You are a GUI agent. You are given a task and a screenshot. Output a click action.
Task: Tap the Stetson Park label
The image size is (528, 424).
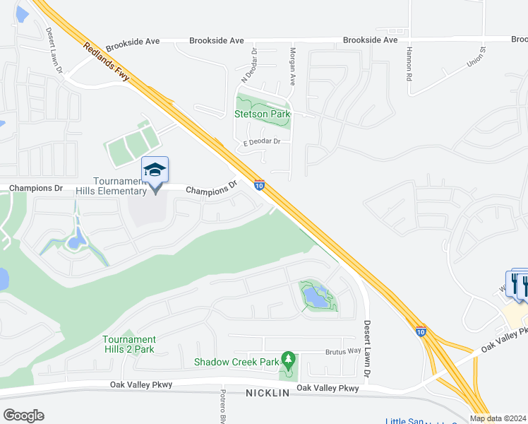(x=261, y=114)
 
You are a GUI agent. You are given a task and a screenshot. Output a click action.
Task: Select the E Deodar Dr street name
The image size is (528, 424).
(x=262, y=141)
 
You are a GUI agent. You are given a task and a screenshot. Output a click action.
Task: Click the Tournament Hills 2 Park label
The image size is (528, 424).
(x=128, y=344)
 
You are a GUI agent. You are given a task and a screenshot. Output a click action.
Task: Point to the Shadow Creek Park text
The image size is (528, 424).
(x=237, y=363)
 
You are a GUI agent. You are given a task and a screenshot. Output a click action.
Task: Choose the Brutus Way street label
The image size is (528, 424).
(x=343, y=351)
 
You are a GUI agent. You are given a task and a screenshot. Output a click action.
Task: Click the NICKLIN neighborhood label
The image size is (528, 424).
(x=268, y=393)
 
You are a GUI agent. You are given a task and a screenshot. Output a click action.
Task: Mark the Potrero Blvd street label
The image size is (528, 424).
(x=222, y=406)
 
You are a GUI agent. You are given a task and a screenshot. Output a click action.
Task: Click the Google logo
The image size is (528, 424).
(x=23, y=415)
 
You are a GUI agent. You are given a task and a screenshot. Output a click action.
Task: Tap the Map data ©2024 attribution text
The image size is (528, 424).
(x=498, y=418)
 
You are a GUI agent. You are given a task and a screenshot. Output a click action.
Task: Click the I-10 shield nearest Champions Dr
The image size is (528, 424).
(x=259, y=185)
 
